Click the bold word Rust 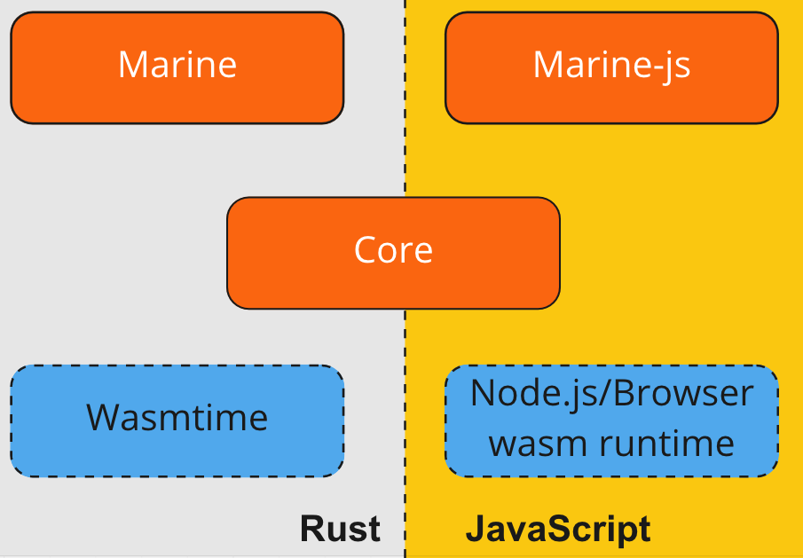340,529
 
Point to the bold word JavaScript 558,529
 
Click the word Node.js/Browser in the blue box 611,393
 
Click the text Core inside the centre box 393,250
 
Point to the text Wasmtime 177,417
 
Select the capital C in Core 366,250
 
